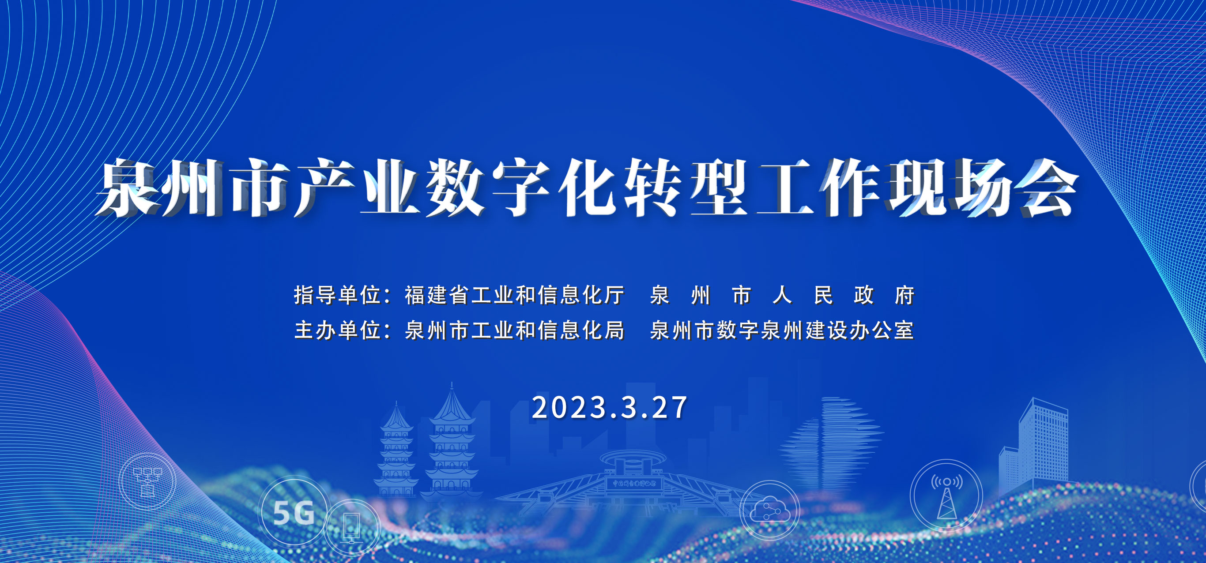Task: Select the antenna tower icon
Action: [946, 495]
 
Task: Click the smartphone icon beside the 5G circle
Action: [353, 527]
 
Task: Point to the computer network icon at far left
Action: [147, 481]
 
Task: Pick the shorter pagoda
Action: [396, 449]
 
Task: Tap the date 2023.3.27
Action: [610, 407]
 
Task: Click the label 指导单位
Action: [337, 295]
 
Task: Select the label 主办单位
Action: [337, 330]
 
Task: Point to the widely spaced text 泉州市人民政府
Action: [782, 295]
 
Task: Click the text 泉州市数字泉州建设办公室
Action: [782, 330]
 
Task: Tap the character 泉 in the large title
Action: [129, 187]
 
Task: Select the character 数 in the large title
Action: [454, 187]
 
